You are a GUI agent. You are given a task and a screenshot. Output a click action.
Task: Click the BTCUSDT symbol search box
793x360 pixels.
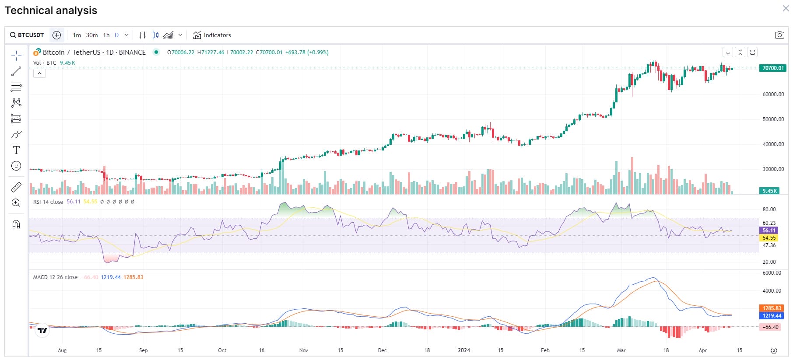coord(27,35)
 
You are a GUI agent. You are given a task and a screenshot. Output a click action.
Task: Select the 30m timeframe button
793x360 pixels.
coord(92,35)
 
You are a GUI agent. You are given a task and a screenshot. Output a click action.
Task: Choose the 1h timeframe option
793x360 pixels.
coord(106,35)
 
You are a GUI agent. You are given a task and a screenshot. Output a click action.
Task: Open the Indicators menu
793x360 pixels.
coord(212,35)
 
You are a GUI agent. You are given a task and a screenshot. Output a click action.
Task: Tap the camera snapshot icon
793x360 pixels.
coord(779,35)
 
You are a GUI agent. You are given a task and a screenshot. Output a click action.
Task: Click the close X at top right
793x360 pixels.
coord(786,8)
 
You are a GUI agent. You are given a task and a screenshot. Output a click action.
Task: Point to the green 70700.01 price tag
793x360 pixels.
coord(773,68)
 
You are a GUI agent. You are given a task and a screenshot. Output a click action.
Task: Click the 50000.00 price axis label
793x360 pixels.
coord(773,119)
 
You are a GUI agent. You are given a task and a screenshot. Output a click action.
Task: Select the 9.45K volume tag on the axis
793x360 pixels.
coord(769,191)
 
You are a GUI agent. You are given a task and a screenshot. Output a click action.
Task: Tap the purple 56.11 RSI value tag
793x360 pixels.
coord(769,231)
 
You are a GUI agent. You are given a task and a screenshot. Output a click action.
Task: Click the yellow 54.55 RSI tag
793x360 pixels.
coord(769,238)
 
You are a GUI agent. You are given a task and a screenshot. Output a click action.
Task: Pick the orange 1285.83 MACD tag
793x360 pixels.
coord(772,308)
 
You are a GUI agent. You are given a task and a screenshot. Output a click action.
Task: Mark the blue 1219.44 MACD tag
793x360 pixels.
coord(772,316)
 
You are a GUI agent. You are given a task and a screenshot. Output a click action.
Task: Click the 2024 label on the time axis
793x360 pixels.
coord(464,350)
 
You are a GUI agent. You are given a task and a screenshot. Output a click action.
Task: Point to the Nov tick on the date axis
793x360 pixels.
coord(304,350)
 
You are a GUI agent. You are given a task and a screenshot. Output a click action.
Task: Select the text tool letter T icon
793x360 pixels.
coord(16,150)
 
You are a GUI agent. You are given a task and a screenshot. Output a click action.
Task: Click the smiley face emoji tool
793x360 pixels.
coord(16,166)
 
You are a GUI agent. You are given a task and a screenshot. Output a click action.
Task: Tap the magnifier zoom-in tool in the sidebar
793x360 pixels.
coord(16,203)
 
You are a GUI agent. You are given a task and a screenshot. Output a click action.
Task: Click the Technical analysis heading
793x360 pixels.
coord(51,10)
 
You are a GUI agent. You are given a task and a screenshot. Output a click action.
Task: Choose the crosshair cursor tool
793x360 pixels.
coord(16,56)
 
